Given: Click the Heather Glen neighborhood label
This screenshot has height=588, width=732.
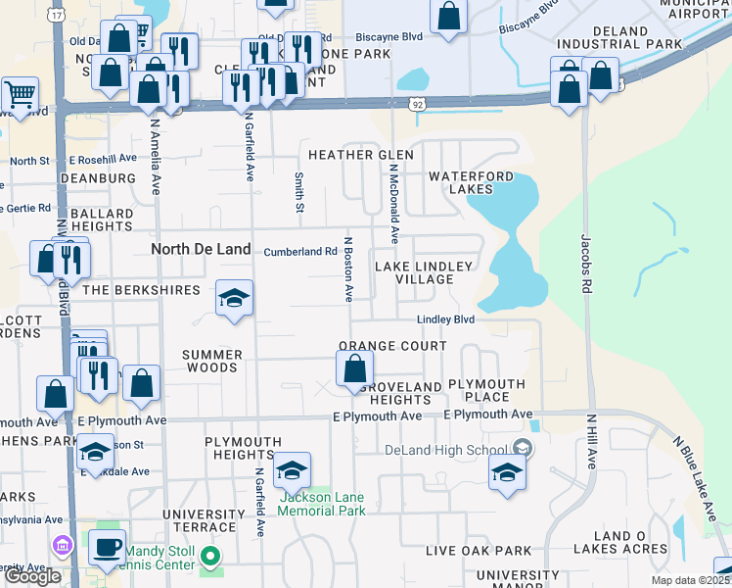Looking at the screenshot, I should click(x=361, y=155).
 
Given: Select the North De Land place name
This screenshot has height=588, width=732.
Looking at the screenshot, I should click(x=201, y=249).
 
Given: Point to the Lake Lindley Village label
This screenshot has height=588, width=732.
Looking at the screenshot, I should click(x=425, y=272).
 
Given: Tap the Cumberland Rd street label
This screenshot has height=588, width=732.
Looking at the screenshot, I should click(x=300, y=251).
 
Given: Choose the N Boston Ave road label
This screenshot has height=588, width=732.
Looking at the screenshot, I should click(x=347, y=269).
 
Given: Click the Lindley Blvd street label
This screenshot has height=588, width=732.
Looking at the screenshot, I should click(x=445, y=319).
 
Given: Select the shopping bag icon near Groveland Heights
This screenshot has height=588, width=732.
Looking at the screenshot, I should click(x=354, y=369).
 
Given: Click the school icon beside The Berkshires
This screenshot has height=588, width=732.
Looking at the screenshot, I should click(x=235, y=298).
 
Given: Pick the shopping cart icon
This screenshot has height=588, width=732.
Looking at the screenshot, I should click(x=20, y=94).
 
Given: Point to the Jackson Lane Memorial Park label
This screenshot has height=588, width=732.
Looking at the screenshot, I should click(x=323, y=504).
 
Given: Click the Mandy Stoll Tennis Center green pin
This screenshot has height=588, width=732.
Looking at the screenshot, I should click(x=210, y=559).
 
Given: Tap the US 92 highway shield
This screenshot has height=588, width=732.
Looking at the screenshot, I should click(x=417, y=102).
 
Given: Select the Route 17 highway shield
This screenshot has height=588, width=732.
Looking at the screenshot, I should click(x=59, y=16).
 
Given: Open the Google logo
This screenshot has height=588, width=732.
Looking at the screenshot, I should click(x=32, y=576).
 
